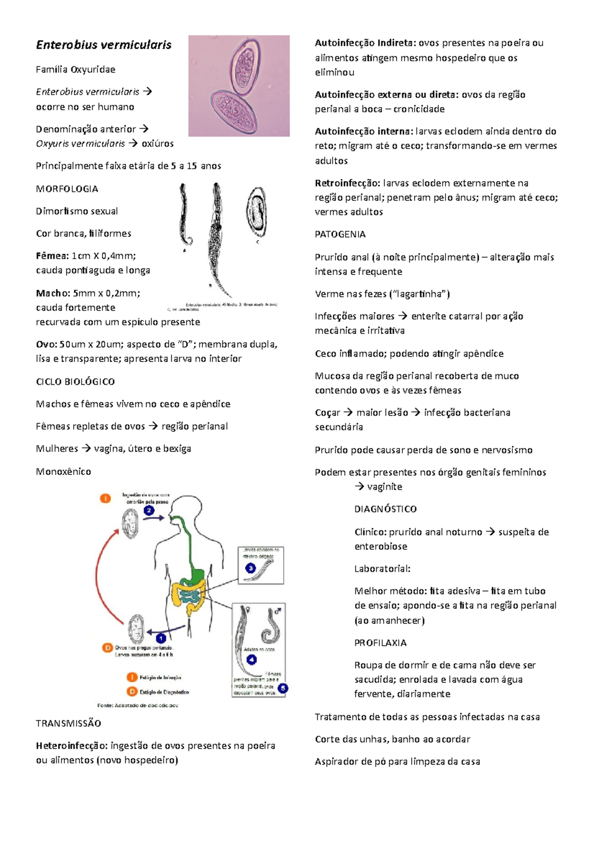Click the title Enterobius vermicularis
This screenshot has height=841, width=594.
103,45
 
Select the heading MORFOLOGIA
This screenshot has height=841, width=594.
67,189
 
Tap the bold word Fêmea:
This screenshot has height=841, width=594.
52,256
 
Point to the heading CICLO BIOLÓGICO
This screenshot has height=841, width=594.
75,381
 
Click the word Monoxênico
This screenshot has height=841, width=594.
63,472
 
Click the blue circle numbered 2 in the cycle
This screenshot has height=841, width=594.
149,510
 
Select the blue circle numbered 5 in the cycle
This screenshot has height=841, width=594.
283,688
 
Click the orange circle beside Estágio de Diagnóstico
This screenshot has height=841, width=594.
132,692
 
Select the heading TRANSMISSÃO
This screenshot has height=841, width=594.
68,723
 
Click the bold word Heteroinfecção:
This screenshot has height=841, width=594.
71,745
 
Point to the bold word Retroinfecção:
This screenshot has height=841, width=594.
347,183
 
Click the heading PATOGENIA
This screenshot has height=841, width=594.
340,234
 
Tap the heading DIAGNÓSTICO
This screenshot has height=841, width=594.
385,509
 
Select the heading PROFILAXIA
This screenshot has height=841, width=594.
380,643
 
